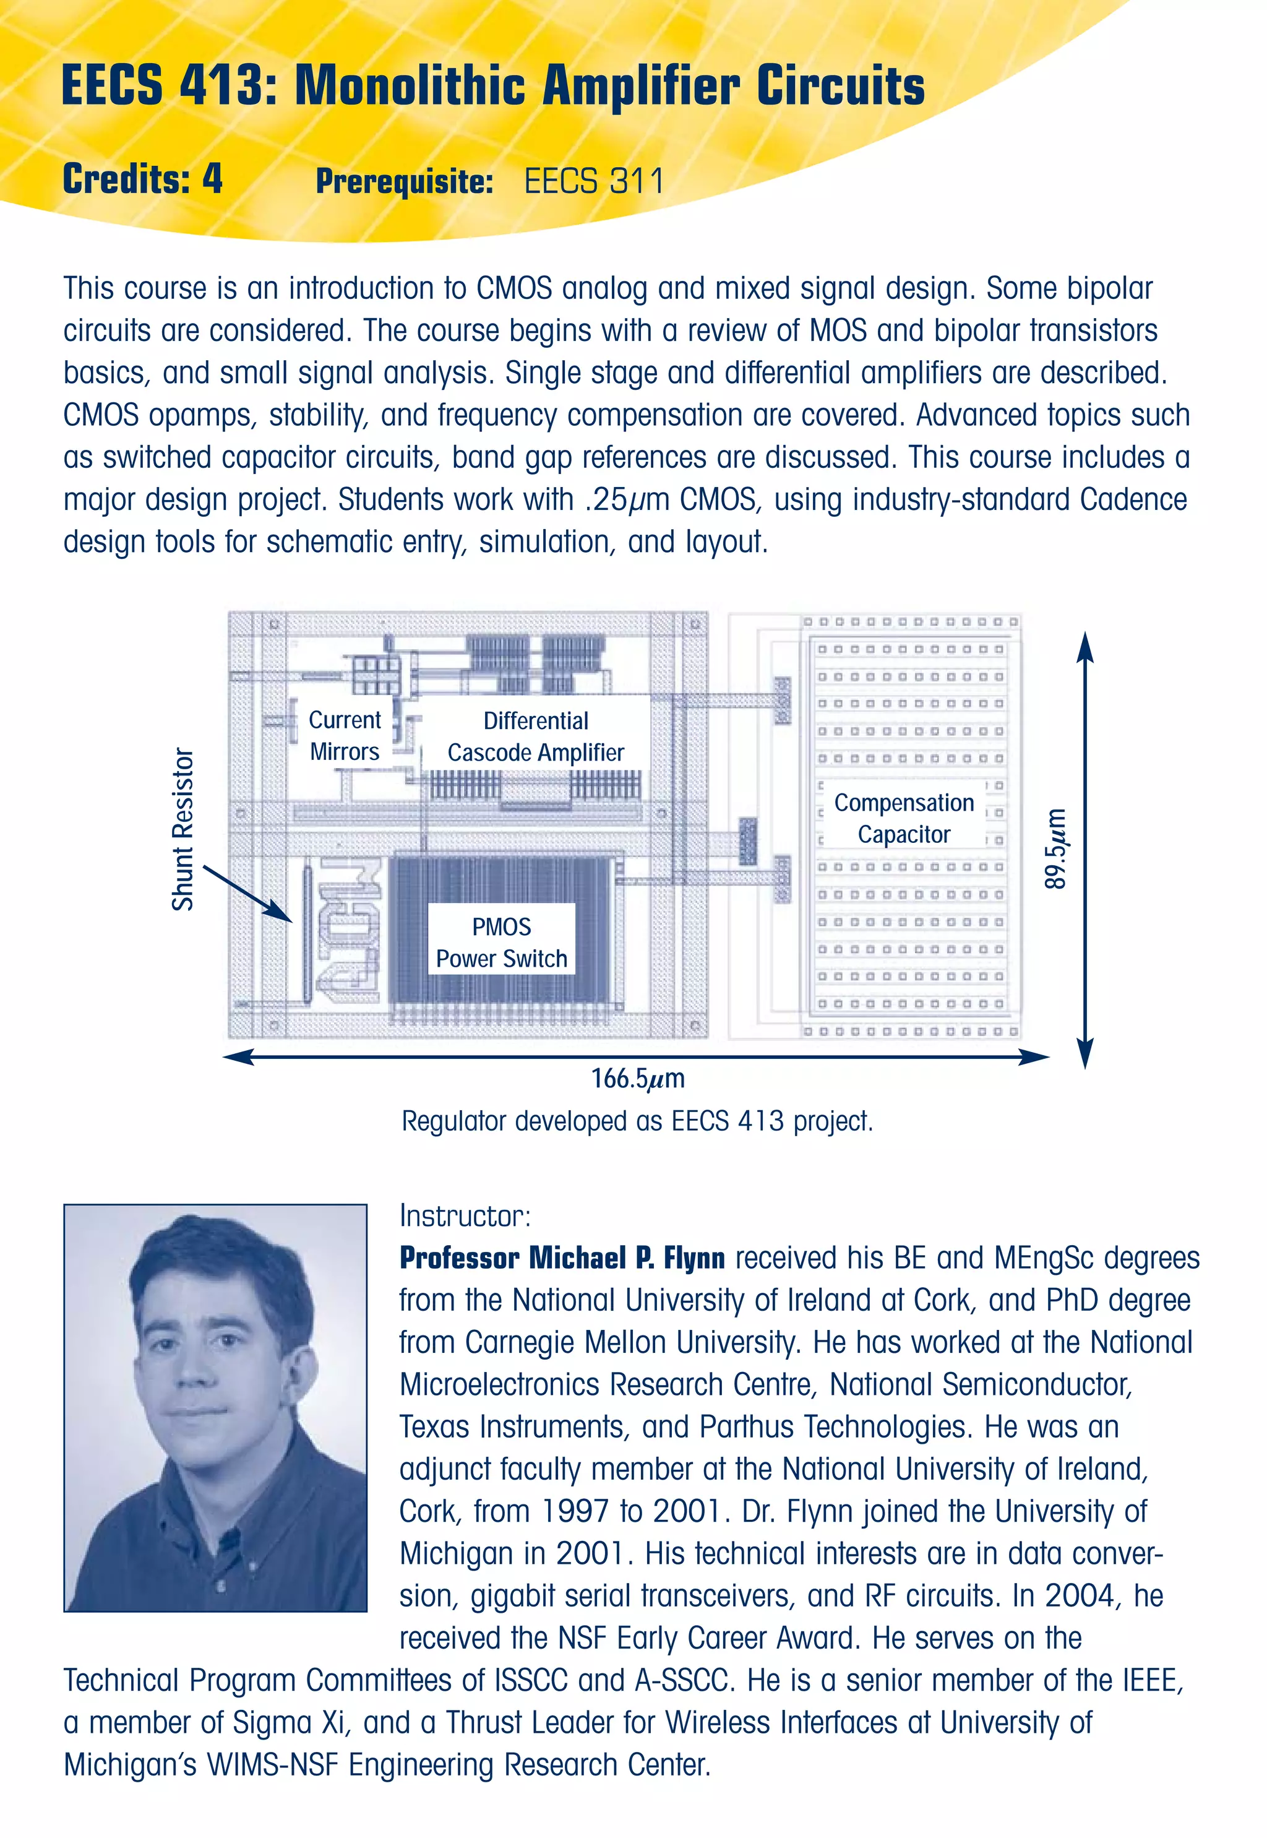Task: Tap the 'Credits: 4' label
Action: coord(142,179)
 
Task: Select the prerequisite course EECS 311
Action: coord(594,181)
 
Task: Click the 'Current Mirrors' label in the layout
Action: coord(345,736)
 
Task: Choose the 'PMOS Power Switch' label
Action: coord(502,943)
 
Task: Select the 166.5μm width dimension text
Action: coord(637,1078)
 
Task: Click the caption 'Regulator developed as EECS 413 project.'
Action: coord(637,1121)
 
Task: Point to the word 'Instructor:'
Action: coord(465,1215)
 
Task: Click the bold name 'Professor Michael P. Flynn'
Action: coord(562,1258)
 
